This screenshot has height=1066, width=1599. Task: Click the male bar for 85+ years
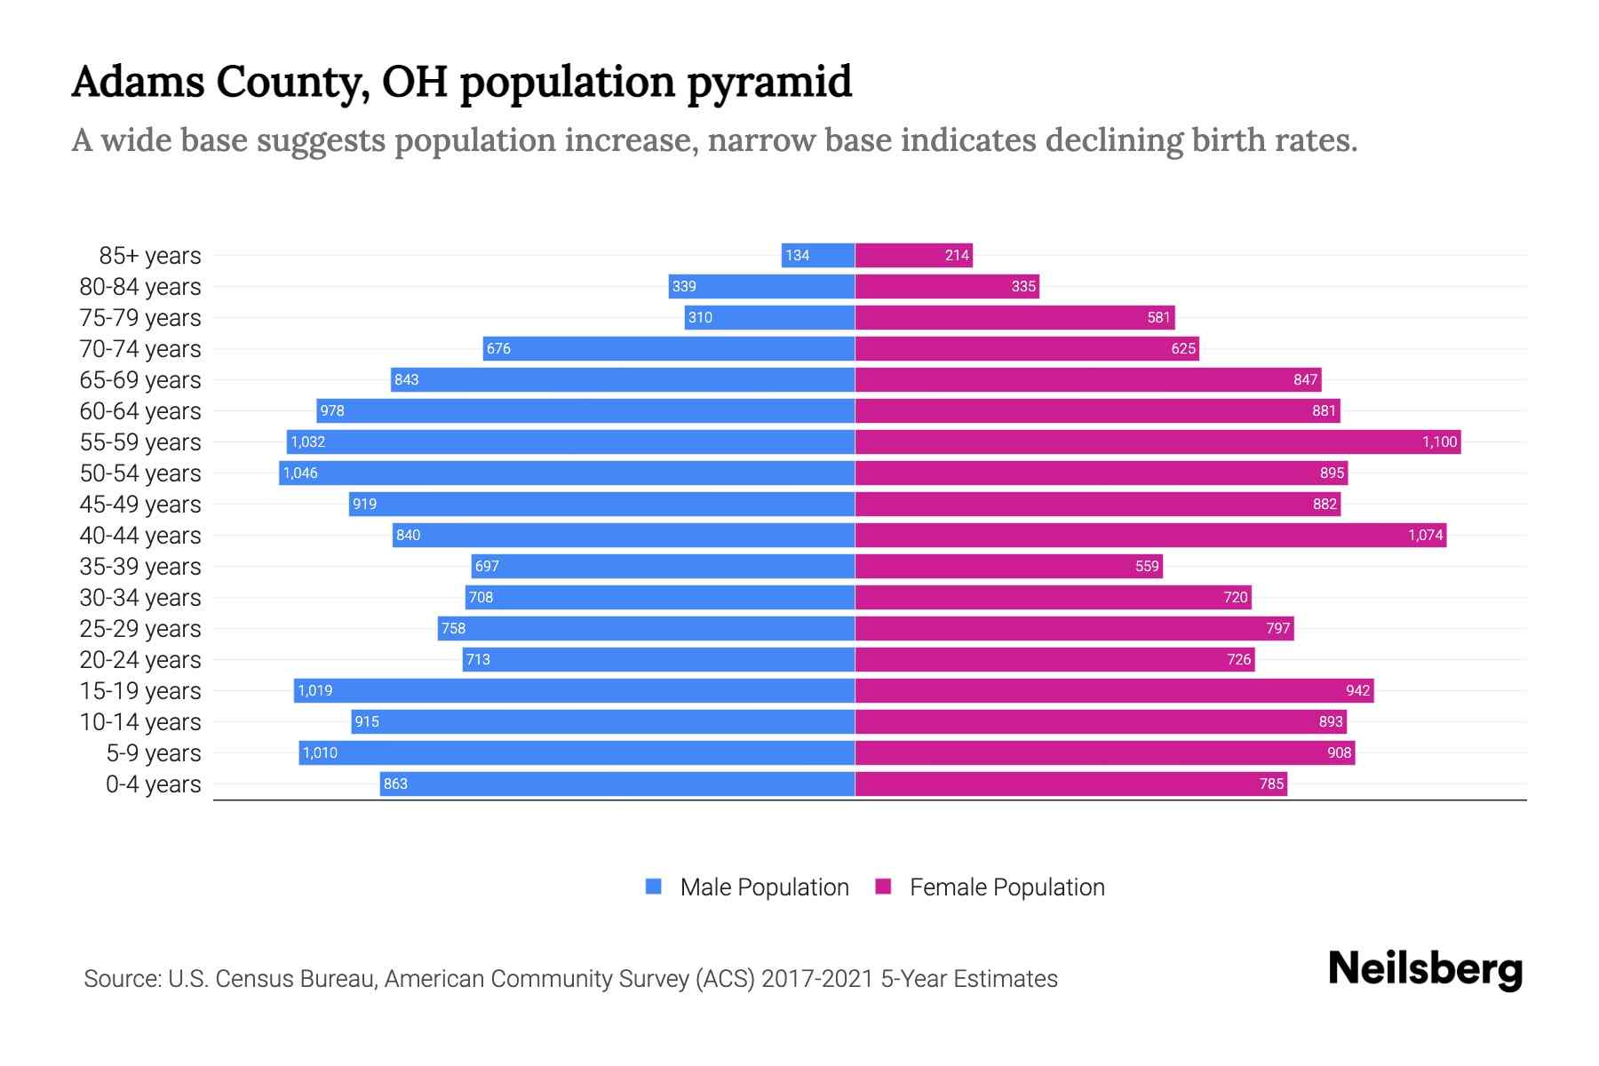pos(818,256)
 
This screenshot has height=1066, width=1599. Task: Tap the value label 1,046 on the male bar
pos(300,473)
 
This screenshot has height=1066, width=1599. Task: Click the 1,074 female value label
pos(1425,536)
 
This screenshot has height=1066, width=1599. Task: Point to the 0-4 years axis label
pos(153,784)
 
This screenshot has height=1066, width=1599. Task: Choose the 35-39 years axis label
pos(140,567)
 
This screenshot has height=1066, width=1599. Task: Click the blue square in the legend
pos(654,887)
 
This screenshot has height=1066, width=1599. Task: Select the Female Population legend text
pos(1006,887)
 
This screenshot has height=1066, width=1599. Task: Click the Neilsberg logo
pos(1425,969)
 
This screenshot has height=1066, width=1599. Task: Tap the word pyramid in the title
pos(769,84)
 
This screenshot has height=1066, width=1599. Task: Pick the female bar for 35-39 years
pos(1008,567)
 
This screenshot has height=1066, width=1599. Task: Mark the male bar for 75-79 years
pos(769,318)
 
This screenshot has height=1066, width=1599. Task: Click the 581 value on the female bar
pos(1158,318)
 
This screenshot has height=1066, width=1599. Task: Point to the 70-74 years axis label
pos(140,349)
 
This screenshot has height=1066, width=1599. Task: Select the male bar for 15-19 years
pos(574,691)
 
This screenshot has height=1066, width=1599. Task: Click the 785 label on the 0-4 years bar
pos(1271,784)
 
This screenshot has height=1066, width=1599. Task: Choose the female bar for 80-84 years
pos(946,287)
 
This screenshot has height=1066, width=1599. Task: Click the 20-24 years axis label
pos(140,660)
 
